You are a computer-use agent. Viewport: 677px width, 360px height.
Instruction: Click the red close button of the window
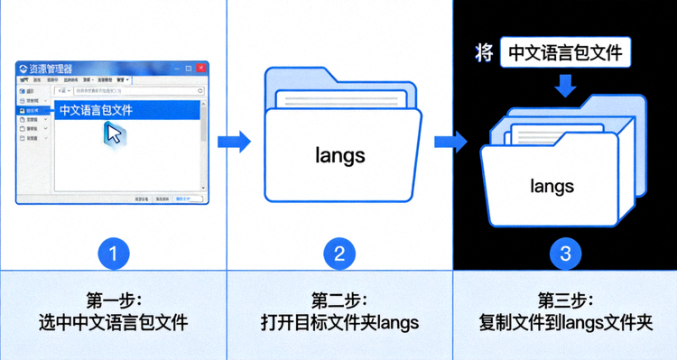201,68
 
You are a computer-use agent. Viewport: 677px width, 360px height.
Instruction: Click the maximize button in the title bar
189,68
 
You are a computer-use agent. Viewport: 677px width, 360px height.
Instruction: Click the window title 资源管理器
51,69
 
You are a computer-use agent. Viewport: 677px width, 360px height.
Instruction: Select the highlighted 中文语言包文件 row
126,110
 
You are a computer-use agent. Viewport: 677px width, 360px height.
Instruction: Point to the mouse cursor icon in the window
114,134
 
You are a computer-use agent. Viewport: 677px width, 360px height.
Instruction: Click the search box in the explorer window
135,91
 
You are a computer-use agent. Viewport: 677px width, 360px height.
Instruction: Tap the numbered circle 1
113,254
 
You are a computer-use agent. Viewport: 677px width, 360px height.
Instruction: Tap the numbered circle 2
339,254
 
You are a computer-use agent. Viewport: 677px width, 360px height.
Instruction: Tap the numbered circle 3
566,254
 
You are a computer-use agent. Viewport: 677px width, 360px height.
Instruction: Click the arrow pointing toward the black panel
450,141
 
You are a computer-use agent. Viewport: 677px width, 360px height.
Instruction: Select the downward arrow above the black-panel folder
566,87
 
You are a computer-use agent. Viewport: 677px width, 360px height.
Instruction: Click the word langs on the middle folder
340,155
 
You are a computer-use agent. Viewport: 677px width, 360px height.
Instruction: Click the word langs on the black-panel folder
552,187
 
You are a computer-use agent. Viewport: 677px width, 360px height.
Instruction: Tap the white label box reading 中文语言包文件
566,52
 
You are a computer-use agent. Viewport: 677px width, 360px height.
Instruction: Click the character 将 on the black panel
484,52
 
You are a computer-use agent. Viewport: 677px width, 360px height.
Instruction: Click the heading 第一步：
113,300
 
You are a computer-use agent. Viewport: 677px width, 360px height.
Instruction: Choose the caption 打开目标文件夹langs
339,322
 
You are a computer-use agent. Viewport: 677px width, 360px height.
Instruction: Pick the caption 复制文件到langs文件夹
566,322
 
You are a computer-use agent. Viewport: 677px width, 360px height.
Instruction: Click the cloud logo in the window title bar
23,69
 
